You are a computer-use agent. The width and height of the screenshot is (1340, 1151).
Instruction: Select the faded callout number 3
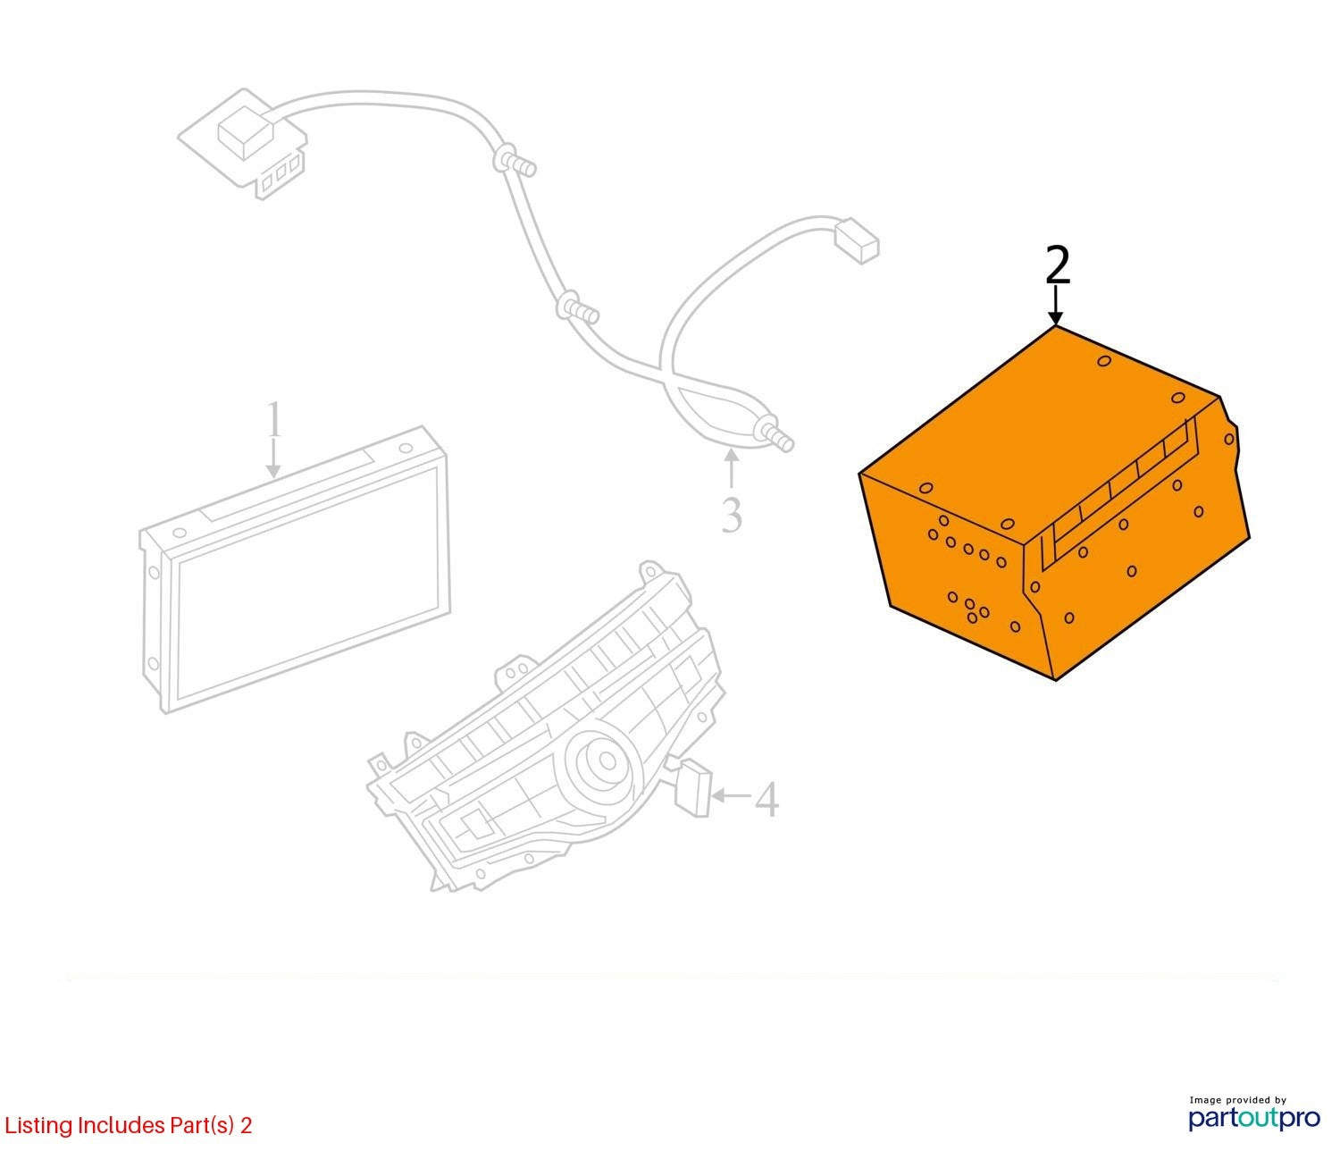(x=732, y=516)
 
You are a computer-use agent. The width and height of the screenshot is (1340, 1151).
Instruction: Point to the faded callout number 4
(x=767, y=800)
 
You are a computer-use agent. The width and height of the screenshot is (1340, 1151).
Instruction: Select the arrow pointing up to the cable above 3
(x=732, y=469)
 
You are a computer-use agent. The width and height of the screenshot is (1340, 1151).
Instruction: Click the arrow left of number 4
(x=733, y=795)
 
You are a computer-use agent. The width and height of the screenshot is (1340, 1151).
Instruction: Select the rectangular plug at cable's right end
(x=857, y=241)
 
